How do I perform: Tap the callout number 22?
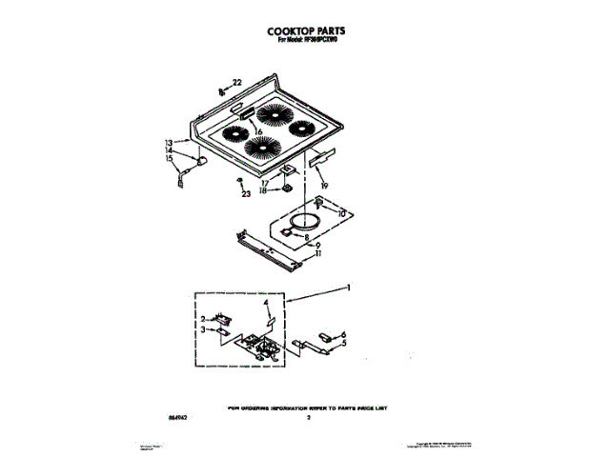(x=238, y=83)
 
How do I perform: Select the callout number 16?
(x=257, y=130)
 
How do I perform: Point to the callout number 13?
(x=169, y=143)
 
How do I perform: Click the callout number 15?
(x=169, y=159)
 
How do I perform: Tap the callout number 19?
(x=324, y=186)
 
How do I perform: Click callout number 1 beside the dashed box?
(x=349, y=288)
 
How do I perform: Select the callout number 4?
(x=266, y=303)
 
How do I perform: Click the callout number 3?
(x=204, y=329)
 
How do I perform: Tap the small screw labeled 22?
(x=221, y=92)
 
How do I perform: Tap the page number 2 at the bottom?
(x=308, y=417)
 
